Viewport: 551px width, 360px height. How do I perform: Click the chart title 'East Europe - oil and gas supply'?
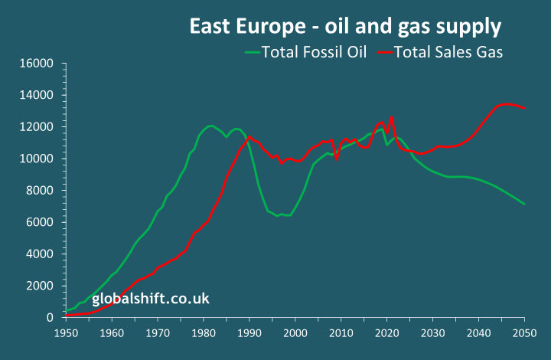[x=345, y=27]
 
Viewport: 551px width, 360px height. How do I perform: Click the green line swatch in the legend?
[x=253, y=53]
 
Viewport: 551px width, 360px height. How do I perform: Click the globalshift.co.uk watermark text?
[x=151, y=299]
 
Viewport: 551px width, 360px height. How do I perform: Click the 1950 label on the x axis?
[x=66, y=333]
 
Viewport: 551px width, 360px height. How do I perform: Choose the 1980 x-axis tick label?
[x=204, y=333]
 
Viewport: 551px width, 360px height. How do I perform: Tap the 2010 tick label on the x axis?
[x=341, y=333]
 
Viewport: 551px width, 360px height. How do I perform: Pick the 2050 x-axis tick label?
[x=525, y=333]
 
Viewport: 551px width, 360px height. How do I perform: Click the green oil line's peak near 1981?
[x=210, y=126]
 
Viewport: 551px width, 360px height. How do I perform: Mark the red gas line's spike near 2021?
[x=392, y=117]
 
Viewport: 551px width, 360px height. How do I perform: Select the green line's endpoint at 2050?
[x=525, y=204]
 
